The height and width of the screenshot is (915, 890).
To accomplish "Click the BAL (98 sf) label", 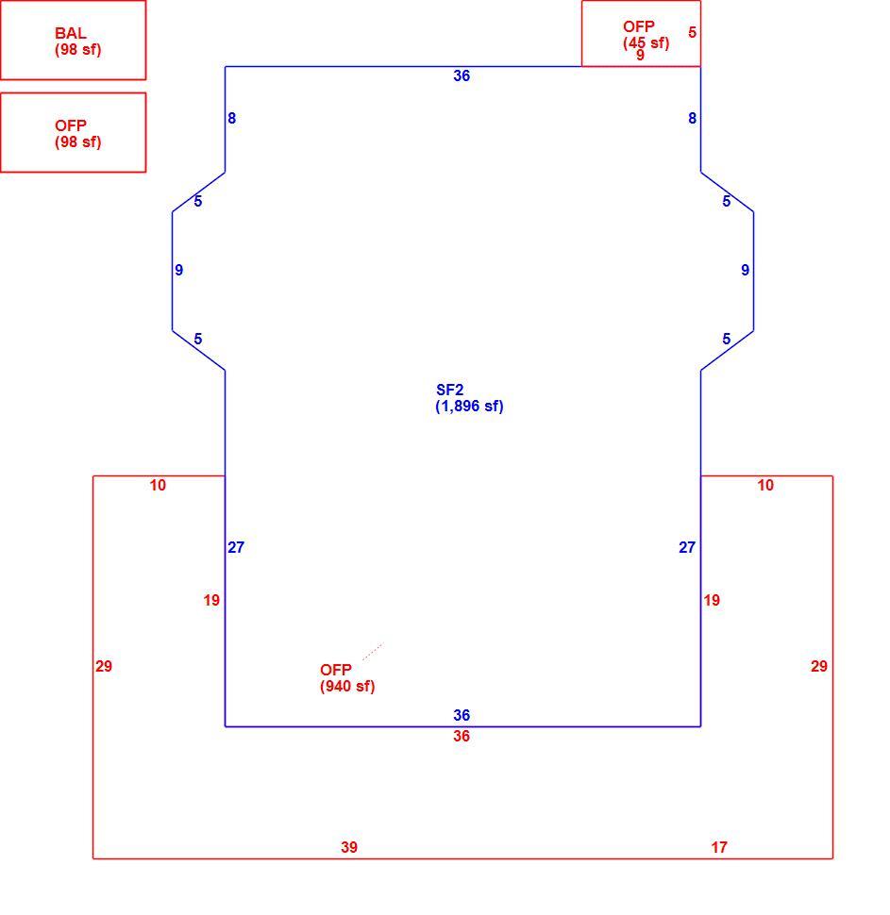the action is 77,42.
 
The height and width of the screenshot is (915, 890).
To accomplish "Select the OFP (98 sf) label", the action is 77,134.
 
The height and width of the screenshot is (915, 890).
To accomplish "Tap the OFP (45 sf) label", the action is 646,35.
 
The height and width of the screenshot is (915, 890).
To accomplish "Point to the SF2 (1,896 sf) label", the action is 469,398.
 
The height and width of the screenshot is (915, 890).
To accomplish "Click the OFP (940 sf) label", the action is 347,678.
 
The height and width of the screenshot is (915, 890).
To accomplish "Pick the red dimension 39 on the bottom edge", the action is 349,847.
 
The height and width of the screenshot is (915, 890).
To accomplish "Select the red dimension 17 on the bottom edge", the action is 719,847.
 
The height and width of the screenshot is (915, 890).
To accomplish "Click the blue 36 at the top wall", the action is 462,75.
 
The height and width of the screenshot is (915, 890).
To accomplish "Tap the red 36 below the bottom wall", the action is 462,737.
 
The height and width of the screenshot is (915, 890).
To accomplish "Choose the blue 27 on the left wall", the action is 236,547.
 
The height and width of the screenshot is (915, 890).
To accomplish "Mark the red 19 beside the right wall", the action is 712,601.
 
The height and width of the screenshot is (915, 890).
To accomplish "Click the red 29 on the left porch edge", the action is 104,666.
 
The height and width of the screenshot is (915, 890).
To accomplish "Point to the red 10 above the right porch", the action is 765,486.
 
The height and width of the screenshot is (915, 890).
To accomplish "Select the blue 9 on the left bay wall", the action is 178,270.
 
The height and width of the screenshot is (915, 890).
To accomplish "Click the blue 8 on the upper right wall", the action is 692,119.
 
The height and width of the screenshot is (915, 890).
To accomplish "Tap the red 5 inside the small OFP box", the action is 692,32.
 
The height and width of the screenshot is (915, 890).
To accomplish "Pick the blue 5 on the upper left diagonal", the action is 198,201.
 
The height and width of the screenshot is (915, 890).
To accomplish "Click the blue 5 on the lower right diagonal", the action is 726,339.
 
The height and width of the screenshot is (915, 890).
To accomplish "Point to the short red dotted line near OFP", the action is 373,652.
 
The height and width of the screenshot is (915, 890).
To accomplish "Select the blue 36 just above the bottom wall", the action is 462,715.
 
